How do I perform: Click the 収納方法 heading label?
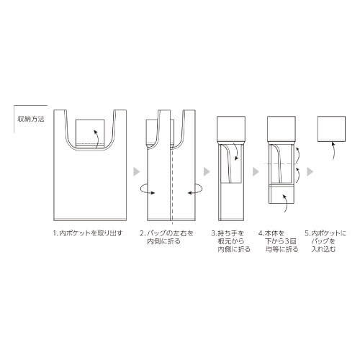coord(31,119)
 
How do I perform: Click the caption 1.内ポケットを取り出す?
coord(88,233)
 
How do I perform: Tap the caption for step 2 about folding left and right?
coord(166,237)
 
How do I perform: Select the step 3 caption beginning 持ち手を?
coord(230,241)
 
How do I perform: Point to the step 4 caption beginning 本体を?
coord(279,241)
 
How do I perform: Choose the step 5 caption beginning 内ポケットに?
coord(325,241)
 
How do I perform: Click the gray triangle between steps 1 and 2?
coord(137,171)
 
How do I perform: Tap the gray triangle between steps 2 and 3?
coord(207,171)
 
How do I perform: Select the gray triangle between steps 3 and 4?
coord(256,171)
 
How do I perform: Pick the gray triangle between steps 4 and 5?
coord(310,171)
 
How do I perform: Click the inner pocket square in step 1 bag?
coord(90,133)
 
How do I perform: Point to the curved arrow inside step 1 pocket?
coord(98,139)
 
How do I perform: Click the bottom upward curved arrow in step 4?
coord(287,203)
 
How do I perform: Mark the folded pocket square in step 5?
coord(331,129)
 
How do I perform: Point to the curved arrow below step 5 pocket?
coord(334,150)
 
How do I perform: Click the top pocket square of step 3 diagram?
coord(231,130)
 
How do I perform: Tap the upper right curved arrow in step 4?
coord(297,155)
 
